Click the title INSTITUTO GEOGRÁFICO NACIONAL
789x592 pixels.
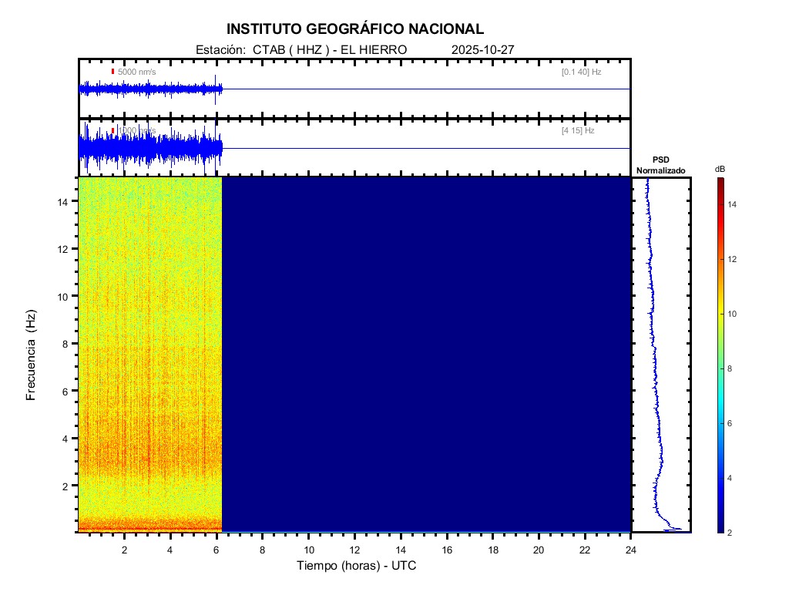coord(355,29)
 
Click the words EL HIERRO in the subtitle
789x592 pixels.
coord(368,49)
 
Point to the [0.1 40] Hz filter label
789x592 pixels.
coord(581,72)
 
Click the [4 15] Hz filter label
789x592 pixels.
coord(578,131)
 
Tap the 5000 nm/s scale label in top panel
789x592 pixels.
coord(136,72)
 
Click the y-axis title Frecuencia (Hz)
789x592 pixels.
coord(32,355)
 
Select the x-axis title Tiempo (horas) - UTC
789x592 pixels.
coord(357,566)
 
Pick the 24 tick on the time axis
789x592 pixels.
coord(631,550)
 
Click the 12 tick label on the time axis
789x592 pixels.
coord(354,550)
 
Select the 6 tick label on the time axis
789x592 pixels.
coord(217,550)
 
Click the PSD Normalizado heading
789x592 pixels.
coord(660,165)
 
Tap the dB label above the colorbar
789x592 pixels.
coord(720,169)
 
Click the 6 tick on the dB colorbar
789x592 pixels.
coord(732,424)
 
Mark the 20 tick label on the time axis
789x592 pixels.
coord(539,550)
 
